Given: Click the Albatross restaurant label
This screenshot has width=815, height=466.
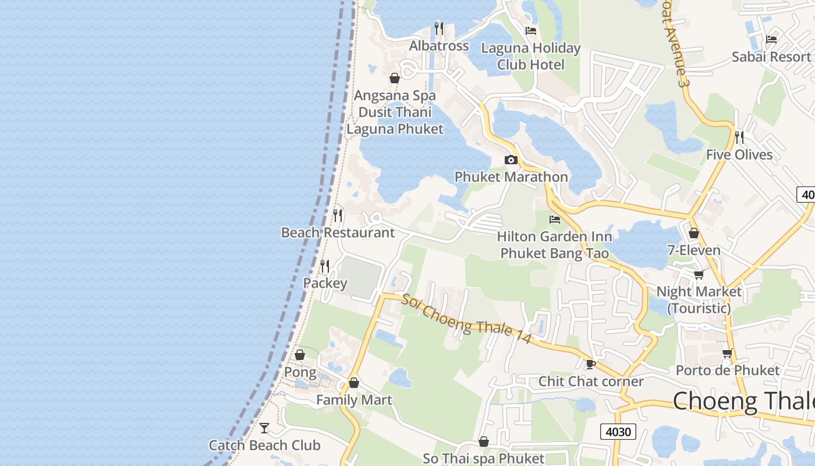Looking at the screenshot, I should click(439, 46).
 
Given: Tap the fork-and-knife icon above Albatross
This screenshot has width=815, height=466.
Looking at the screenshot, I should click(439, 27).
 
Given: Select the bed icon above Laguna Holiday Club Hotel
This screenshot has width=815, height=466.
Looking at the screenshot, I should click(531, 30).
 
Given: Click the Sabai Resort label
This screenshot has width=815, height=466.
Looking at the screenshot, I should click(771, 57).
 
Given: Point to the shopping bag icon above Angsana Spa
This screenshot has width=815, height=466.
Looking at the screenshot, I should click(395, 78).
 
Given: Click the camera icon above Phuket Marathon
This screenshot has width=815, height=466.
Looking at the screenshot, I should click(511, 160).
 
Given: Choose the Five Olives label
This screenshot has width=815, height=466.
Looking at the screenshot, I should click(739, 154).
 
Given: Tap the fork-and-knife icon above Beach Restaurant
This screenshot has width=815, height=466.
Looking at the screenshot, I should click(338, 215).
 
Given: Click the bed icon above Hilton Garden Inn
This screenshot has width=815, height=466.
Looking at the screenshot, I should click(555, 220).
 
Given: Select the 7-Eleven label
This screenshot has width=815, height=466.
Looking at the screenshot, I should click(694, 250).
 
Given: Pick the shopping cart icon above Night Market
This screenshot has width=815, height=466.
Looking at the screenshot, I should click(699, 274).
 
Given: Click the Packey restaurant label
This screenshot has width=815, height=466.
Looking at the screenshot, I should click(325, 284).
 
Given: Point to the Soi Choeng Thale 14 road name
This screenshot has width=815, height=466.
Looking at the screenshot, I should click(466, 318).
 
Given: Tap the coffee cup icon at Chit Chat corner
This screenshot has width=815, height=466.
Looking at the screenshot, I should click(591, 364).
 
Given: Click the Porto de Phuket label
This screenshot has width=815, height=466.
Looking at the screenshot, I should click(727, 370).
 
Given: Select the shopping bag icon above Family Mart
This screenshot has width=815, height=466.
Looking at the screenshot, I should click(353, 383).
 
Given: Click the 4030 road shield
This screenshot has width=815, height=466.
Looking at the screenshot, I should click(618, 432).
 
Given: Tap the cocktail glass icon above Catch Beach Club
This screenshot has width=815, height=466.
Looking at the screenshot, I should click(264, 428).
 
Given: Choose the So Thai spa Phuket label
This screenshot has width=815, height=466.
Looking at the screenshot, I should click(483, 458).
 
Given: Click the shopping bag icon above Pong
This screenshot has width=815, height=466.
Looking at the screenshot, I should click(300, 355).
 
